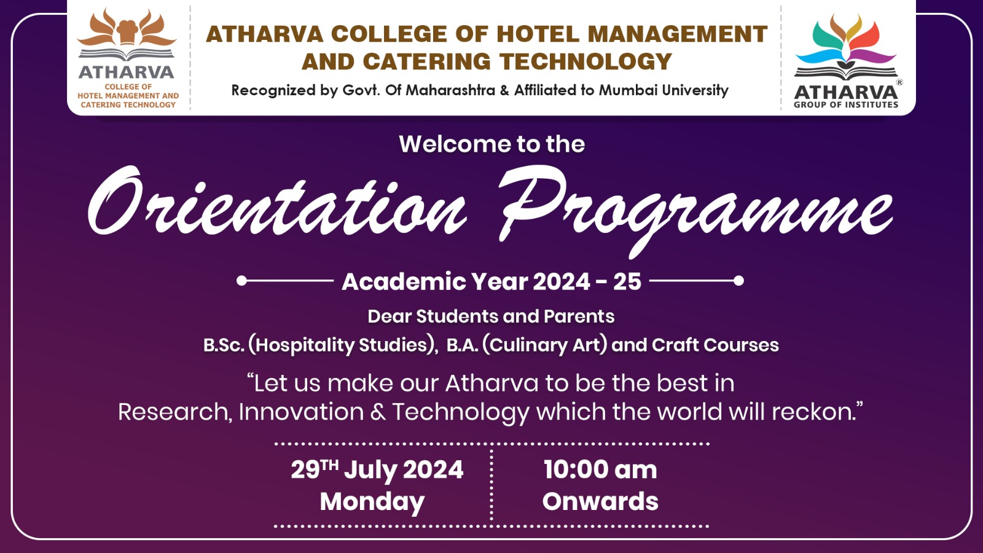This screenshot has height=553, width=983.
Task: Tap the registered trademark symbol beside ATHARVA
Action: click(899, 82)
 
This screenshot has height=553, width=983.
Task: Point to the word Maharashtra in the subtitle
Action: click(450, 90)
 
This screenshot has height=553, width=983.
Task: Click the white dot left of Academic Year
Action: click(241, 280)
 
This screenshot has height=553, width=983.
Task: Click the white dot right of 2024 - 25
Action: click(738, 280)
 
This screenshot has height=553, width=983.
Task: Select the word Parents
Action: click(579, 316)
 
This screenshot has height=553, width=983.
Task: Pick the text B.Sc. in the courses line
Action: click(224, 345)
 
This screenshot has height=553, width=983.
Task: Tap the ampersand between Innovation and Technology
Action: click(378, 412)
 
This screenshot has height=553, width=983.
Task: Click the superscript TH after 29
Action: click(329, 465)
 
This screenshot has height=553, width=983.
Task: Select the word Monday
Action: click(372, 501)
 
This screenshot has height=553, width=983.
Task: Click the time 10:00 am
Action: click(600, 469)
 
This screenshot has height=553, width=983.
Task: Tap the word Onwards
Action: click(600, 501)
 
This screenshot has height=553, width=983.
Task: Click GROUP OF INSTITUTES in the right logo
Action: click(845, 104)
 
